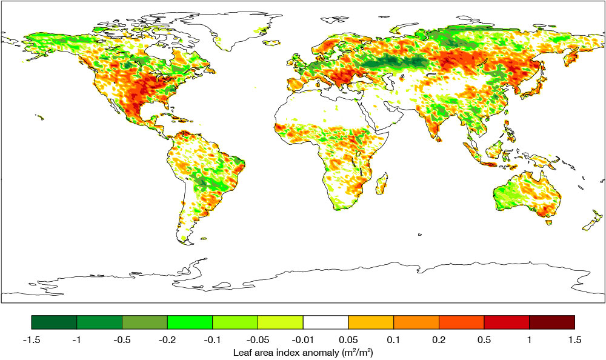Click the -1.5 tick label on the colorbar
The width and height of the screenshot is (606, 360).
31,340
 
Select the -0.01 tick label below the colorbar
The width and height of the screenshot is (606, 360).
303,340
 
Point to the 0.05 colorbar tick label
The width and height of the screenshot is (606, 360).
348,340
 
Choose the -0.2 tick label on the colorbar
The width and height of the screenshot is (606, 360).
167,340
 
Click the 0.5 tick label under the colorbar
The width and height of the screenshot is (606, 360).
484,340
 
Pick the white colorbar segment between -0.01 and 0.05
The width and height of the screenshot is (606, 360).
325,322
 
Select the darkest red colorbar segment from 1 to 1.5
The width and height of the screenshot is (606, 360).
551,322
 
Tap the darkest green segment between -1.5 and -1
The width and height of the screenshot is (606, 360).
54,322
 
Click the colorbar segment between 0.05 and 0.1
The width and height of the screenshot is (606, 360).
371,322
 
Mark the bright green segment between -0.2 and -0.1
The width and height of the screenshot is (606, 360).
190,322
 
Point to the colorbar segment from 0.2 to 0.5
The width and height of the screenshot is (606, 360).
461,322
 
